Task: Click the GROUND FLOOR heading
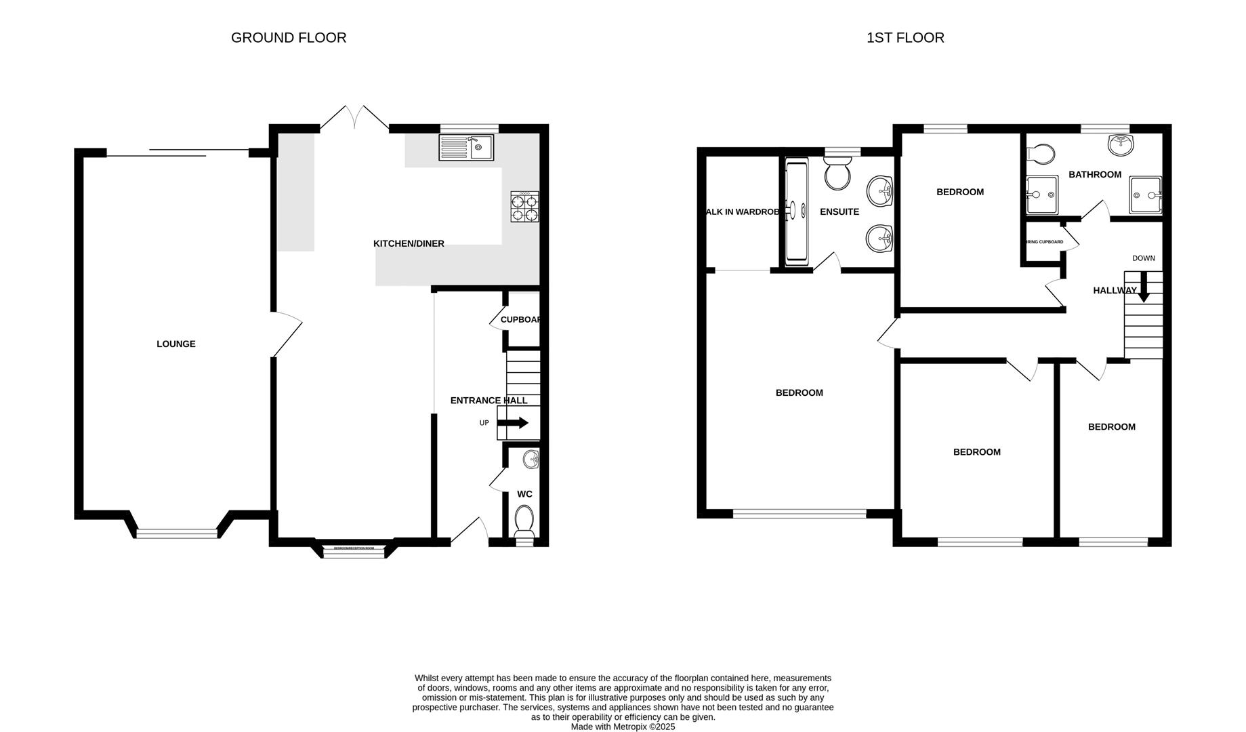[x=289, y=38]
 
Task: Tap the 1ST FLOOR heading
[x=905, y=38]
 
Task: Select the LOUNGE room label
[x=175, y=344]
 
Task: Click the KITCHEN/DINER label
[x=409, y=244]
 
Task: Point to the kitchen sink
[x=466, y=147]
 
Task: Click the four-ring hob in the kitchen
[x=525, y=207]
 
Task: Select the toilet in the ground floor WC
[x=524, y=521]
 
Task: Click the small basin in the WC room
[x=532, y=460]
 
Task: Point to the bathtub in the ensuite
[x=795, y=211]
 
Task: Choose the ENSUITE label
[x=839, y=212]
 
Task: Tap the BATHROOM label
[x=1094, y=175]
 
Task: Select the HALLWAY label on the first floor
[x=1114, y=291]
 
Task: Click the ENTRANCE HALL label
[x=488, y=401]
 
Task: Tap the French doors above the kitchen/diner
[x=354, y=117]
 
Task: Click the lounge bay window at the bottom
[x=177, y=534]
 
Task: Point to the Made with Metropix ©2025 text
[x=623, y=727]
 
